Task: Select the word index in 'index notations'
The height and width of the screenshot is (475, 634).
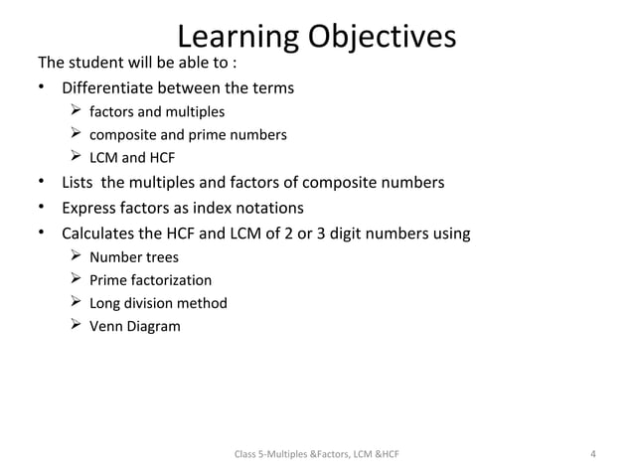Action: coord(217,209)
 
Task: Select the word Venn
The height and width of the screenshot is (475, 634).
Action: coord(106,326)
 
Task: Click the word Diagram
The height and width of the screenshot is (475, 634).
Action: coord(154,326)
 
